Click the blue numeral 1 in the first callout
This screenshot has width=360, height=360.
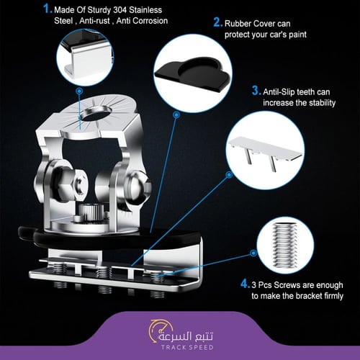pos(46,9)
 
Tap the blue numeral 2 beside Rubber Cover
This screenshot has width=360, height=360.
pos(217,22)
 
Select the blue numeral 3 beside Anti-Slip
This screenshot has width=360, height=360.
pos(256,91)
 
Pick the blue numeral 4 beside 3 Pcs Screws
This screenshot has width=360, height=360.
pos(244,284)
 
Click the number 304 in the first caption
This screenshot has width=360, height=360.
pos(120,10)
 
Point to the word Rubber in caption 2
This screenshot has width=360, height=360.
pos(238,24)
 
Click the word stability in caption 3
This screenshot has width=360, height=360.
pos(323,103)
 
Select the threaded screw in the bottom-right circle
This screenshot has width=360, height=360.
pos(285,246)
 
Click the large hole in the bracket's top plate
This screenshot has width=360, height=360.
pos(96,113)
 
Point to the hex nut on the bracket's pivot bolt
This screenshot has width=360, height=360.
pos(78,184)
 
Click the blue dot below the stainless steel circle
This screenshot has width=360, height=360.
pos(79,91)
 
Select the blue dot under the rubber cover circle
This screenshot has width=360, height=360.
pos(176,115)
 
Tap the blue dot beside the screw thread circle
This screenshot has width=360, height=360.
pos(253,253)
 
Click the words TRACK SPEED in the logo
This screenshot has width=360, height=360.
pos(187,347)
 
